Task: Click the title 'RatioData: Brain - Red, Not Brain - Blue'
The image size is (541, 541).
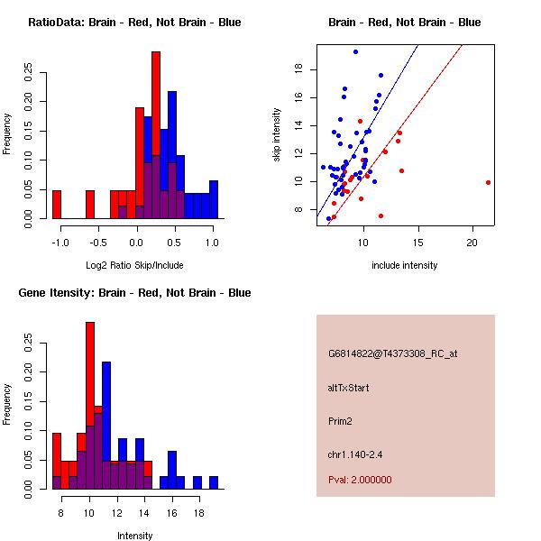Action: [x=134, y=23]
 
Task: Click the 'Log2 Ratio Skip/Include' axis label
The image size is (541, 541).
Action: [x=134, y=265]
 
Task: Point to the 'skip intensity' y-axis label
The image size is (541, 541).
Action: [x=278, y=135]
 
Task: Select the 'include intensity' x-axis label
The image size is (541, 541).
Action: [x=405, y=265]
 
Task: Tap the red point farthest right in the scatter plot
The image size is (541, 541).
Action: [x=488, y=182]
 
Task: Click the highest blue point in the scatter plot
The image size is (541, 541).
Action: [x=355, y=51]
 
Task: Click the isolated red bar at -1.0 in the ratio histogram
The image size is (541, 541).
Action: [x=57, y=205]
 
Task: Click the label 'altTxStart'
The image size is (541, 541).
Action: [x=349, y=388]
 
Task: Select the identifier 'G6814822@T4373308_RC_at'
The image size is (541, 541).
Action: [x=392, y=353]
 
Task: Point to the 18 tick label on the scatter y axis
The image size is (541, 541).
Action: [x=297, y=69]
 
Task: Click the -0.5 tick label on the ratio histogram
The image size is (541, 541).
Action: [x=97, y=243]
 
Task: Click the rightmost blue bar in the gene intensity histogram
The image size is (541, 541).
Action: [x=214, y=482]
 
